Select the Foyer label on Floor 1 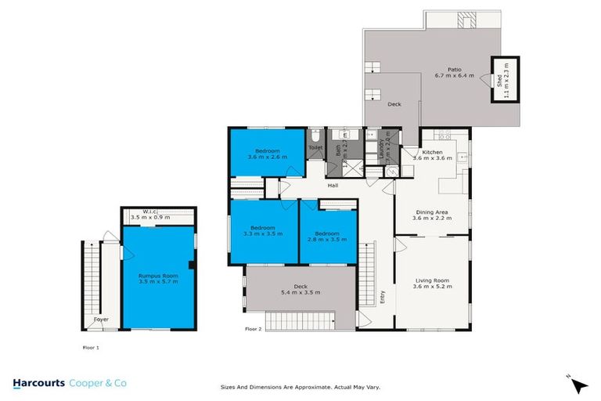click(101, 320)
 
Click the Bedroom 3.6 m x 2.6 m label click(267, 154)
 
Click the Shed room click(498, 80)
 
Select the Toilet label click(315, 147)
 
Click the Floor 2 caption click(254, 329)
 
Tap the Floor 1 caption click(92, 345)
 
